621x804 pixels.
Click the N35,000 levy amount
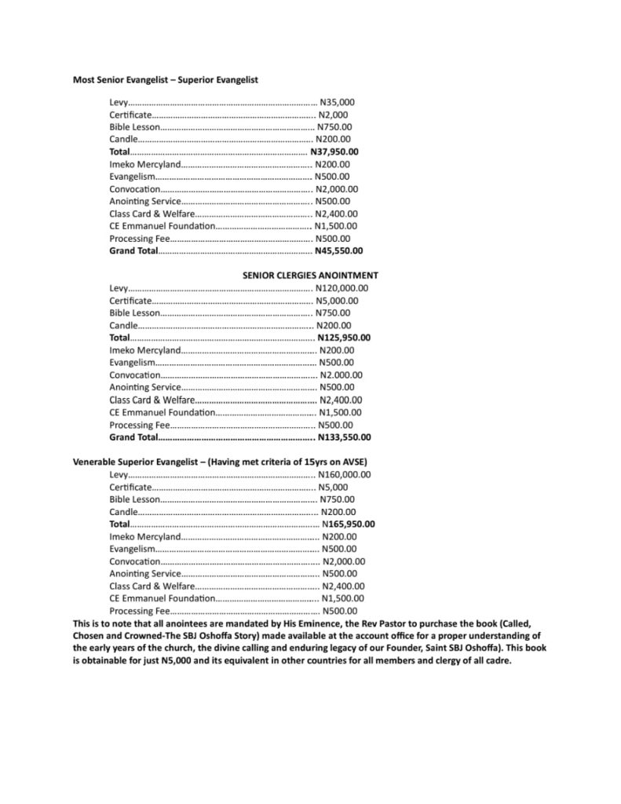(338, 102)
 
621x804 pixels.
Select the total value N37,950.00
(334, 152)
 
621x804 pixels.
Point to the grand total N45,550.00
(338, 251)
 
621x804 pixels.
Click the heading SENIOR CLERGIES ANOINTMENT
(310, 276)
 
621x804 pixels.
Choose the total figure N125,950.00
(344, 338)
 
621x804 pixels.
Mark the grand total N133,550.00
(345, 437)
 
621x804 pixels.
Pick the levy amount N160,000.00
(345, 474)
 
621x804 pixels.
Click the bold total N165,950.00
(349, 524)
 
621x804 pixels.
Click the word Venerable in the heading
(97, 462)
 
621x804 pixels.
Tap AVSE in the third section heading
(353, 462)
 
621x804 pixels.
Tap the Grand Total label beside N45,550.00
(133, 251)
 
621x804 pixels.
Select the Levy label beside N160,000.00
(119, 474)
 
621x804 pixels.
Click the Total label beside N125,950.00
(119, 338)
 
